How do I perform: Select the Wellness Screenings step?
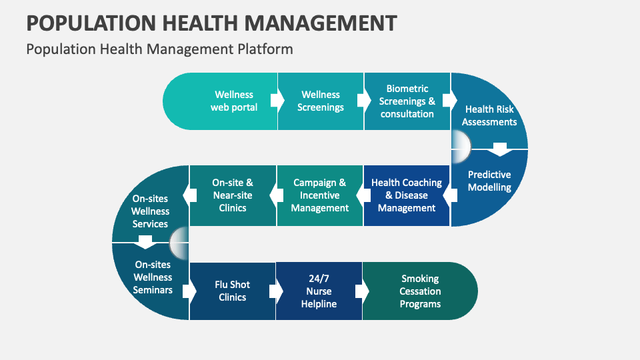click(321, 101)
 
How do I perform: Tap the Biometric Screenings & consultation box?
click(407, 101)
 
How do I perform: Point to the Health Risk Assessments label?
click(489, 115)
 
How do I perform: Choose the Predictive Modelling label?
click(489, 181)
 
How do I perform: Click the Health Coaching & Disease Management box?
click(407, 195)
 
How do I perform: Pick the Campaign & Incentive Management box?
click(320, 195)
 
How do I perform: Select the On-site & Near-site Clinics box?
click(233, 195)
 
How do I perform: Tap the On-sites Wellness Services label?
click(150, 211)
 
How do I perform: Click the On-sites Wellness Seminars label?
click(153, 277)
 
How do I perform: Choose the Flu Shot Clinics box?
click(233, 291)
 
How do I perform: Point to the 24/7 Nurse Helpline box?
click(319, 291)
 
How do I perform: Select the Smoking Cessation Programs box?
click(420, 291)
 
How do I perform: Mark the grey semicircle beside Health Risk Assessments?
click(461, 142)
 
